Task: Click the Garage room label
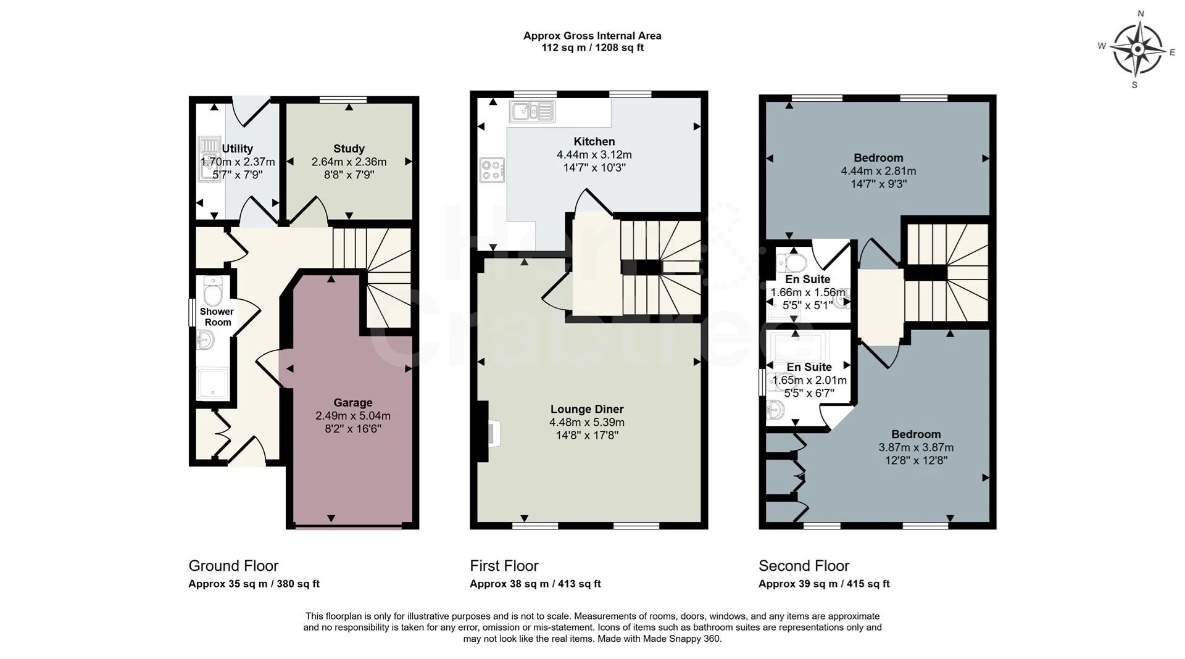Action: click(353, 403)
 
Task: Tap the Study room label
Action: click(349, 149)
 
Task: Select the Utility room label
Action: click(238, 149)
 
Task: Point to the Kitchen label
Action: click(594, 141)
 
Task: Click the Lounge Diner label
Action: click(587, 409)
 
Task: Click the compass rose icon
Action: click(1137, 49)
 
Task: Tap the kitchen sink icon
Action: click(532, 112)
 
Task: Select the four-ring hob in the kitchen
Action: click(493, 170)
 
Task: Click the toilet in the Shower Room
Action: click(213, 291)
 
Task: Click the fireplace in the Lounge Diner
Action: click(489, 431)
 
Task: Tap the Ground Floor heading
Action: click(233, 566)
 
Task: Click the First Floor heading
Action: click(504, 566)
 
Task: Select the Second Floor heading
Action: click(804, 566)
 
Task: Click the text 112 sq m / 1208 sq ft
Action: click(592, 48)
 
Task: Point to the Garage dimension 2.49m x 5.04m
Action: click(353, 416)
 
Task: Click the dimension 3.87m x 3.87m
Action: click(916, 447)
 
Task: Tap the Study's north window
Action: click(343, 99)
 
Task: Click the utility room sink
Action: click(209, 159)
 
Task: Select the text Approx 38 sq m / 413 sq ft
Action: click(535, 584)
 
